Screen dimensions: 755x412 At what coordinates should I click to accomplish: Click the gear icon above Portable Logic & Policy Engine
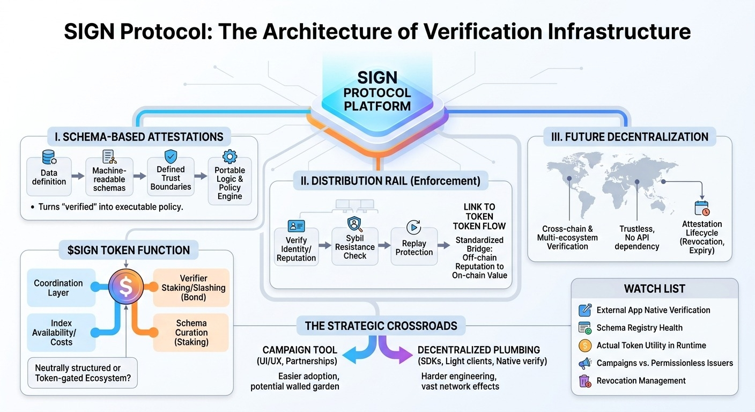click(x=230, y=157)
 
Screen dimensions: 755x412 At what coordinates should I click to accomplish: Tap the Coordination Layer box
click(x=58, y=288)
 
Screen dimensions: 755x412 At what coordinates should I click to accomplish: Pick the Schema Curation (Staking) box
click(x=191, y=333)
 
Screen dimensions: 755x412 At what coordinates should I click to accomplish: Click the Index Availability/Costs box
click(x=61, y=333)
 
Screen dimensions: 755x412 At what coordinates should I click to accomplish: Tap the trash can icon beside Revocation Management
click(x=584, y=381)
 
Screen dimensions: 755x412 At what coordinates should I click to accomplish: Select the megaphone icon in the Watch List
click(x=584, y=363)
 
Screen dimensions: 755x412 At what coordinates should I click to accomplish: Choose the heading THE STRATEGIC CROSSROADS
click(x=381, y=326)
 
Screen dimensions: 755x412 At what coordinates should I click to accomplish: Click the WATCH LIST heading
click(x=654, y=289)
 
